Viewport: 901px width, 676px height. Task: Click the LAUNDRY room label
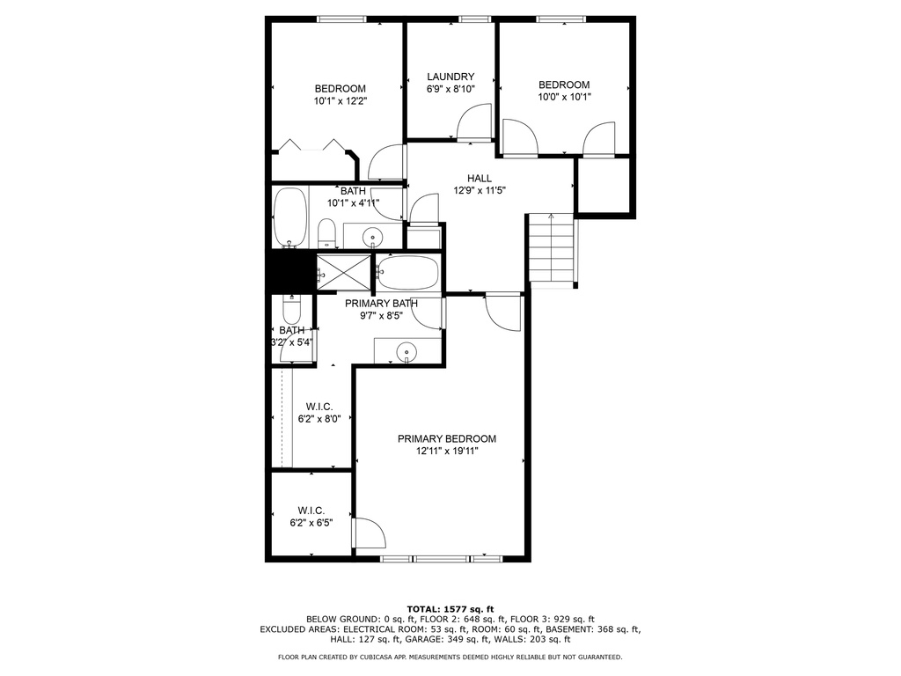[450, 77]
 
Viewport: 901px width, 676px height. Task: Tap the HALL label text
[480, 178]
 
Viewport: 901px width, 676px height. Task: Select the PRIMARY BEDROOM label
[447, 438]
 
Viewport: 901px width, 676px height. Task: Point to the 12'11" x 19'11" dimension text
[447, 452]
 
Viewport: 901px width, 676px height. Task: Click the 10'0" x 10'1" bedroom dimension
[564, 97]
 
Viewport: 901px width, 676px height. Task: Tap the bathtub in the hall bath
[290, 218]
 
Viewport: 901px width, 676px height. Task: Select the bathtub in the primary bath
[407, 273]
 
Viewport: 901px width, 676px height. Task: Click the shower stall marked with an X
[344, 272]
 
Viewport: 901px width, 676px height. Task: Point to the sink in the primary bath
[407, 350]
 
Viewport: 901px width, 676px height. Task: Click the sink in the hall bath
[373, 236]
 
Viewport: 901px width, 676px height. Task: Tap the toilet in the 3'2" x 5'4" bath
[292, 310]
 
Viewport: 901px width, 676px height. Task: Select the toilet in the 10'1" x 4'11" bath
[326, 232]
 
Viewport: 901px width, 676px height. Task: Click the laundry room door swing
[474, 121]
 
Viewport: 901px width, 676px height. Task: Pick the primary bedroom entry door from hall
[503, 312]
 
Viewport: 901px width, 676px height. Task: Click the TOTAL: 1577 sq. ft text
[450, 609]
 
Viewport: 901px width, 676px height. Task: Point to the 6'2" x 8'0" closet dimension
[319, 419]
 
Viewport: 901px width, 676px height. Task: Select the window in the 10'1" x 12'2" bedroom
[341, 19]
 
